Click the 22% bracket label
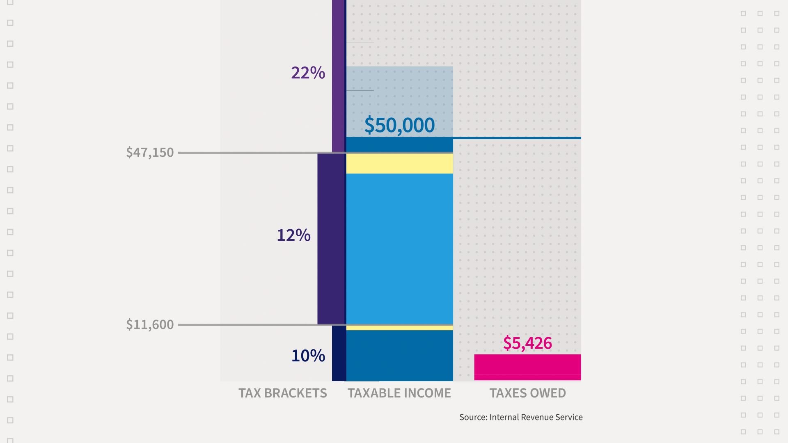pyautogui.click(x=308, y=73)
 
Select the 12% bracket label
pyautogui.click(x=293, y=235)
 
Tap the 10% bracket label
pyautogui.click(x=308, y=355)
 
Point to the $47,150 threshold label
pyautogui.click(x=150, y=153)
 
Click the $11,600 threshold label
pyautogui.click(x=150, y=325)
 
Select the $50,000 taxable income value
pyautogui.click(x=399, y=125)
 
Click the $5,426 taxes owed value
pyautogui.click(x=527, y=343)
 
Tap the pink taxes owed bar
pyautogui.click(x=527, y=367)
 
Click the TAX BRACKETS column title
pyautogui.click(x=283, y=393)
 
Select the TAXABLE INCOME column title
pyautogui.click(x=399, y=393)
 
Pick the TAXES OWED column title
pyautogui.click(x=527, y=393)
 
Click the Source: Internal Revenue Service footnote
pyautogui.click(x=521, y=417)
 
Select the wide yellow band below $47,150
pyautogui.click(x=399, y=164)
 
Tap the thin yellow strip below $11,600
pyautogui.click(x=399, y=328)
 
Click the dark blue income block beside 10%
pyautogui.click(x=399, y=355)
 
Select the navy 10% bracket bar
pyautogui.click(x=339, y=353)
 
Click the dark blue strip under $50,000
pyautogui.click(x=399, y=144)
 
